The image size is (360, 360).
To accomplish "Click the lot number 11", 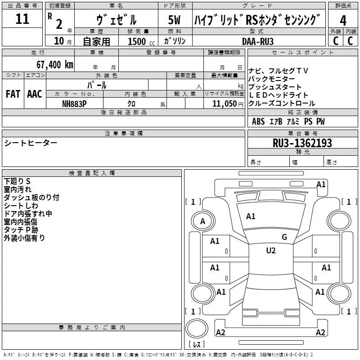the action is click(x=22, y=19).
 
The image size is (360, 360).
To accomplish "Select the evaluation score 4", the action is click(x=343, y=20).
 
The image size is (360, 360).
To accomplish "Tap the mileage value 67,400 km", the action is click(x=55, y=65).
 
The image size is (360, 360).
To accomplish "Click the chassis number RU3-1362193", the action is click(x=302, y=143).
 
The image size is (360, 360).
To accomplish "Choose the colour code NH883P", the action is click(x=74, y=103).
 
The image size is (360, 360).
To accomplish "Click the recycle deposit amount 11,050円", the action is click(x=224, y=103).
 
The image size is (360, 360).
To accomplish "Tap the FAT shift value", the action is click(x=13, y=94).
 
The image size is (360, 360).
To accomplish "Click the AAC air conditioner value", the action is click(x=35, y=94).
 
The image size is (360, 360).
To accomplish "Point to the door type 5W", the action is click(x=174, y=20).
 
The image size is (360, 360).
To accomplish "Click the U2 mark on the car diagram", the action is click(x=271, y=251).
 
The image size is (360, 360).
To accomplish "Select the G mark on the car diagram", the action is click(x=284, y=237).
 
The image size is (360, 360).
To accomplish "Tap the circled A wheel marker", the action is click(x=202, y=221).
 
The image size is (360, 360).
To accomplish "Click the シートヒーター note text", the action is click(x=31, y=143).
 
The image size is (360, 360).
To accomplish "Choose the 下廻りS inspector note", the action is click(x=17, y=181).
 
